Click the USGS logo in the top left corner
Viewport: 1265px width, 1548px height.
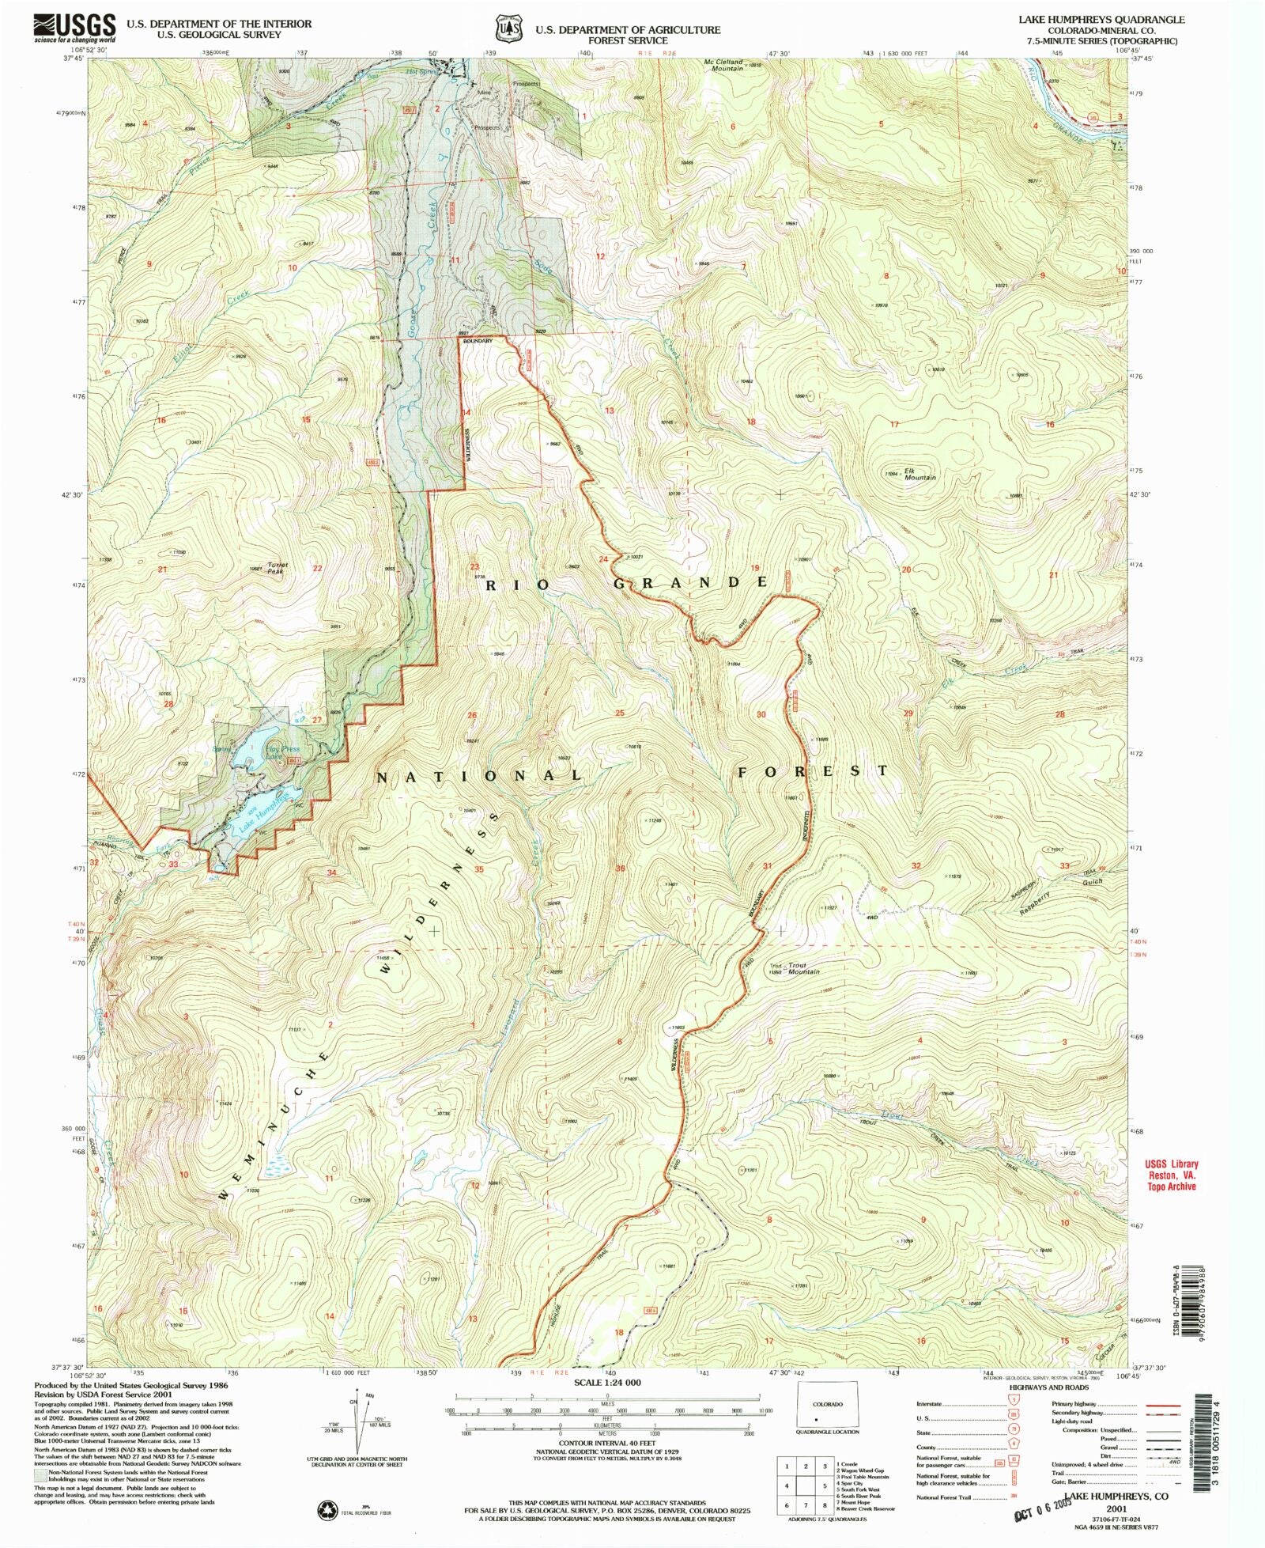(74, 28)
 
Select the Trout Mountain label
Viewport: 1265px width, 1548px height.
(802, 970)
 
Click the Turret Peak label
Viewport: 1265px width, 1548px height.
(278, 567)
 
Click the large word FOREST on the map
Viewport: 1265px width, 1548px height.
(814, 770)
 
